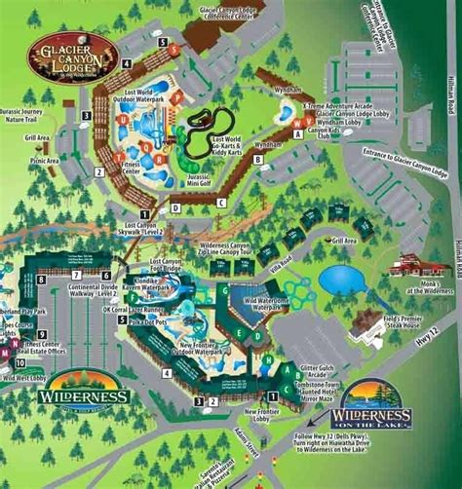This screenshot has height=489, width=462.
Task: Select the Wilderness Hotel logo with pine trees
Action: [85, 389]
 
